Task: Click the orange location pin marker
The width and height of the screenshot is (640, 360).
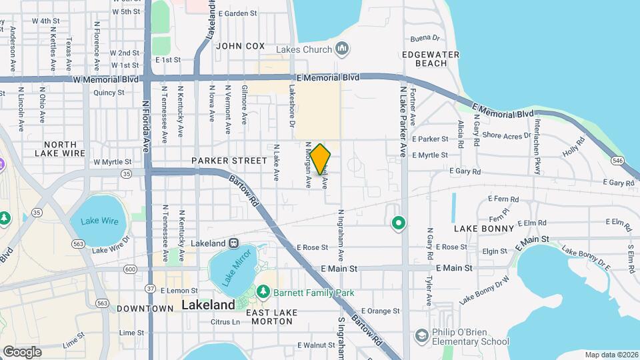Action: [x=320, y=159]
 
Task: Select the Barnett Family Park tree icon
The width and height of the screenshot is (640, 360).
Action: [x=263, y=293]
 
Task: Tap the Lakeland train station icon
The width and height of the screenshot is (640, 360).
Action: [x=234, y=243]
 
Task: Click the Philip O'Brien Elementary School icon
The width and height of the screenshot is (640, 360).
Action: [x=421, y=335]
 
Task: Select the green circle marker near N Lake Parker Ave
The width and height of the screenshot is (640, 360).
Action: [x=398, y=223]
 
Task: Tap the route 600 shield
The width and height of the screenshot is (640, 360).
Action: [x=129, y=269]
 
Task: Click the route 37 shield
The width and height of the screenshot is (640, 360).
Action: [x=151, y=289]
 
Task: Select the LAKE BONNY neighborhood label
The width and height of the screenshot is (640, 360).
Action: [x=484, y=229]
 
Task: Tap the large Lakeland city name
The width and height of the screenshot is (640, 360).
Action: [x=208, y=305]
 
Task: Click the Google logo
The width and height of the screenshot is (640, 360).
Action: [x=22, y=351]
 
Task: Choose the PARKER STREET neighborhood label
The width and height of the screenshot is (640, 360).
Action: [x=220, y=161]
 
